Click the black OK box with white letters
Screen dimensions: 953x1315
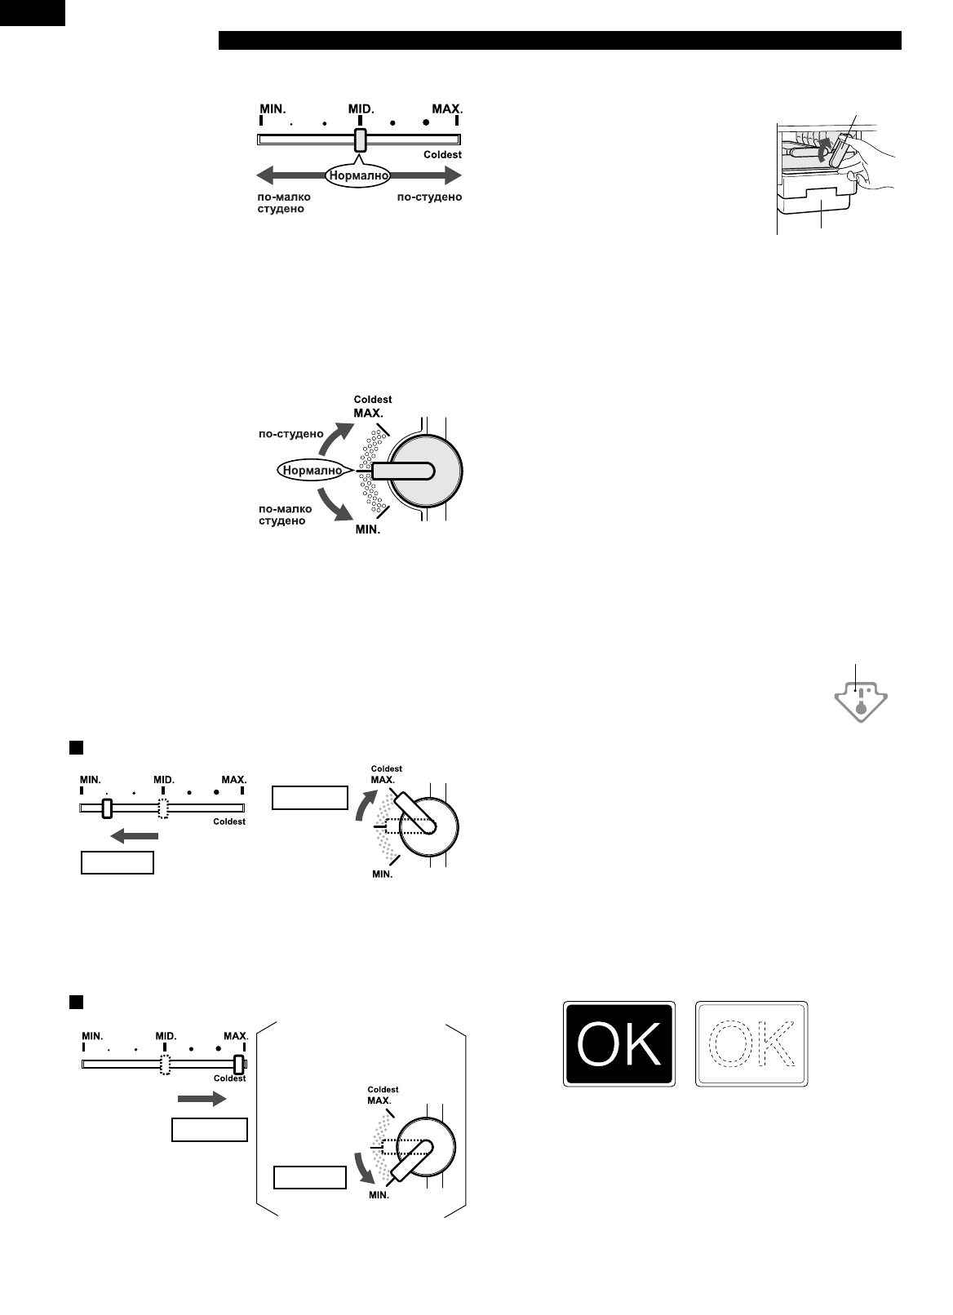[x=619, y=1044]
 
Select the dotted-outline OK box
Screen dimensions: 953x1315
[x=751, y=1044]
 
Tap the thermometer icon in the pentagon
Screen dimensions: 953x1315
[x=861, y=702]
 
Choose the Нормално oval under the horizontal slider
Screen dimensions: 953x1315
[x=358, y=175]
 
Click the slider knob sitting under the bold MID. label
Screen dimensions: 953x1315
[x=360, y=140]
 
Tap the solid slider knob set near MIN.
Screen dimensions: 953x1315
[x=106, y=808]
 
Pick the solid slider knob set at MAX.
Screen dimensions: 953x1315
[x=238, y=1065]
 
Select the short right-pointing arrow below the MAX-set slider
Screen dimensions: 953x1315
[x=201, y=1100]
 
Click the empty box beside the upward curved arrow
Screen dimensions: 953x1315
[x=309, y=798]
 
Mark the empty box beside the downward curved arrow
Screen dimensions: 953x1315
[x=309, y=1178]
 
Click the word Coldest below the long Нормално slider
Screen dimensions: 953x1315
[x=442, y=155]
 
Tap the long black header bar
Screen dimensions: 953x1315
[x=559, y=41]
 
